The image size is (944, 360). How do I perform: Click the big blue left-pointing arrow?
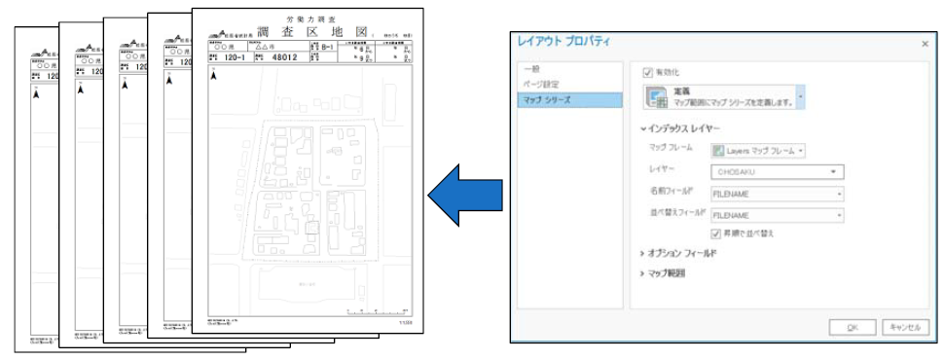[464, 194]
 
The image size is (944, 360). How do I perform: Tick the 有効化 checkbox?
[648, 72]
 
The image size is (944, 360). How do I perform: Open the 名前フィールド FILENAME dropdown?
[777, 194]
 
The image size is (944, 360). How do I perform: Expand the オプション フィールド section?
[682, 253]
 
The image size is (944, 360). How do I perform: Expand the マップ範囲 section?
[667, 273]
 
